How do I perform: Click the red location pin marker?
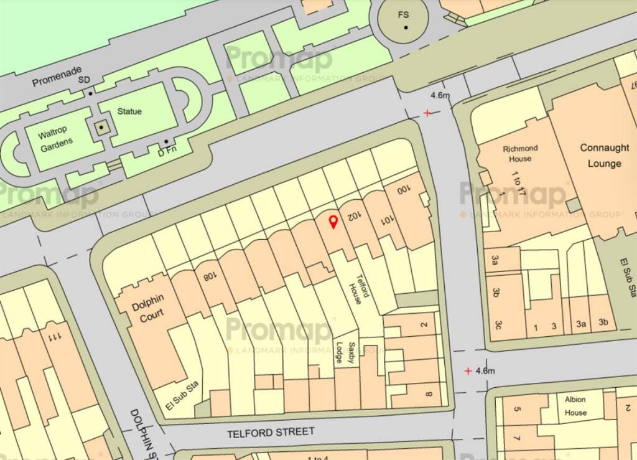[333, 221]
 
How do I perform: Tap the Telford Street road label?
[271, 432]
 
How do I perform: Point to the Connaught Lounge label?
[600, 156]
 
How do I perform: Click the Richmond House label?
[519, 153]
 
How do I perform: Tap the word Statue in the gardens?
[129, 111]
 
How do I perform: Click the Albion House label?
[575, 406]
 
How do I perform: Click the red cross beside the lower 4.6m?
[468, 371]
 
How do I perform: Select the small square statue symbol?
[101, 128]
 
